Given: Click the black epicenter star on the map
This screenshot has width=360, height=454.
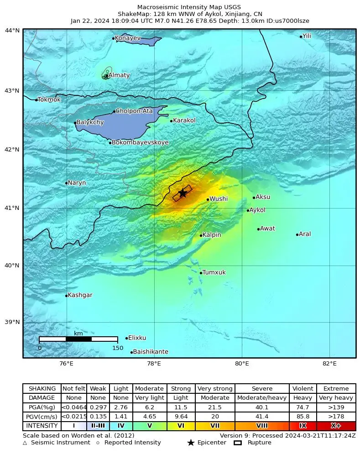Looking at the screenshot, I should [183, 193].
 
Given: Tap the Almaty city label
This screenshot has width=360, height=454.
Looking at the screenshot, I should [119, 75].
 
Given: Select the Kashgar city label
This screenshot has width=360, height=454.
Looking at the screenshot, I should [80, 295].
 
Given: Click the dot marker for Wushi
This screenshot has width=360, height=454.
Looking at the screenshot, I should [208, 199].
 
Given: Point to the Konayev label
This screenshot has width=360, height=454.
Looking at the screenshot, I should [128, 38].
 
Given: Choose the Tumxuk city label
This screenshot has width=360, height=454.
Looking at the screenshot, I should [214, 272].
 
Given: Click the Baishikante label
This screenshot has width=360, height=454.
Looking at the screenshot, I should [151, 352].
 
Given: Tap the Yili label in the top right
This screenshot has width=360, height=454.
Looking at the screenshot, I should [307, 36].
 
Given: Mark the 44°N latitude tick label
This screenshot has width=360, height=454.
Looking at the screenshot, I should [12, 31].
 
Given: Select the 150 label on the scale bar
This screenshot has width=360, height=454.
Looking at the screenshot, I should [118, 348].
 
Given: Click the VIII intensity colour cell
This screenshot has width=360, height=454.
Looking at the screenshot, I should [262, 426].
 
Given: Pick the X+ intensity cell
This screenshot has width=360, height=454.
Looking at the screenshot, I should [336, 426].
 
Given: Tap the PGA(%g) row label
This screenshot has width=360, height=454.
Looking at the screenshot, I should [42, 407].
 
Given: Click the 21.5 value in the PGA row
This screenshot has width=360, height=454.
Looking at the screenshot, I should [215, 407].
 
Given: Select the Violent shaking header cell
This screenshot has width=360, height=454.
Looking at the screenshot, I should [303, 389].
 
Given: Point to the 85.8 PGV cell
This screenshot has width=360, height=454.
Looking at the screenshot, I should [303, 417].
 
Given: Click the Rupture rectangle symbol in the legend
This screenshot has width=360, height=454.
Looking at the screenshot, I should [238, 443].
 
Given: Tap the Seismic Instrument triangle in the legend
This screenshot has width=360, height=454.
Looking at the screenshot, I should [25, 443].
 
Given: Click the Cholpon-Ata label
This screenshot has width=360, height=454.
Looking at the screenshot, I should [134, 111].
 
